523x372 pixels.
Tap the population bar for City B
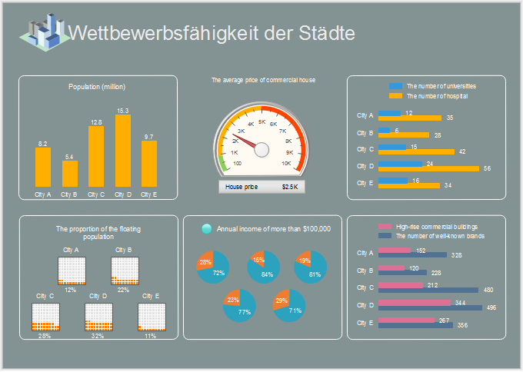[x=70, y=174]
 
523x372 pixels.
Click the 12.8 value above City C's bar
[x=96, y=121]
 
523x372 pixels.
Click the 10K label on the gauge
[x=286, y=163]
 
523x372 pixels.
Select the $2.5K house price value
[x=292, y=187]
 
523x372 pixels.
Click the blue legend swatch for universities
[x=396, y=86]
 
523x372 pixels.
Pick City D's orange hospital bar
[x=434, y=168]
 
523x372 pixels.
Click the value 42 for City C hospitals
[x=462, y=151]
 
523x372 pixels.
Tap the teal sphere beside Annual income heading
[x=206, y=228]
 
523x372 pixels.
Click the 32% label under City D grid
[x=97, y=336]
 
